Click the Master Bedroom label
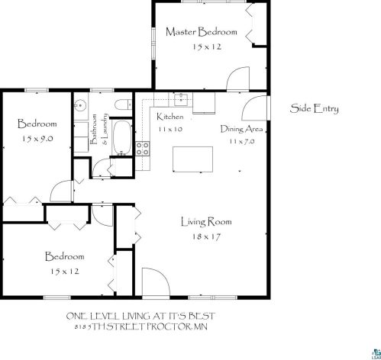tap(202, 32)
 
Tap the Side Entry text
tap(315, 109)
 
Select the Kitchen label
tap(170, 117)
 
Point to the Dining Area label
tap(241, 129)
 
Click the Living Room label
tap(206, 222)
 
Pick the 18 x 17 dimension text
tap(206, 237)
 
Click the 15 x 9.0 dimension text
tap(37, 139)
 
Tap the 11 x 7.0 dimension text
tap(241, 141)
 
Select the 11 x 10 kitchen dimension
tap(170, 129)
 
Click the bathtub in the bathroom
tap(122, 137)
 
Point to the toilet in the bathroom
tap(123, 104)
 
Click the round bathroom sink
tap(81, 105)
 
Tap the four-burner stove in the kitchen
tap(143, 149)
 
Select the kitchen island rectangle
tap(193, 159)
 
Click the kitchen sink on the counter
tap(181, 100)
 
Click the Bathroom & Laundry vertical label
tap(99, 129)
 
